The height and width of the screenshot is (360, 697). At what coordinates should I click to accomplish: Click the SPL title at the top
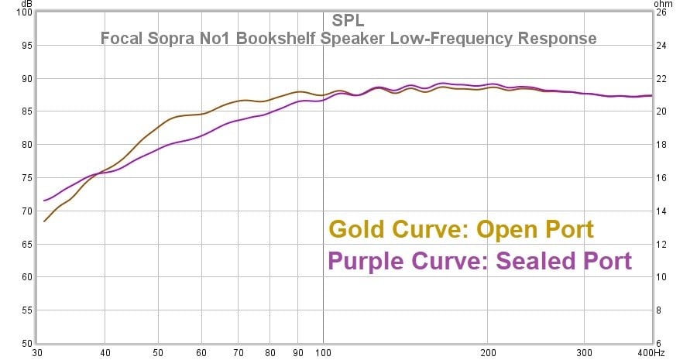(348, 20)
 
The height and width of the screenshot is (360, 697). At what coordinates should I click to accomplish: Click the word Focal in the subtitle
(121, 38)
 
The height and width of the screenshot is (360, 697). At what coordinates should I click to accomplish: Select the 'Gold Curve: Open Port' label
(462, 230)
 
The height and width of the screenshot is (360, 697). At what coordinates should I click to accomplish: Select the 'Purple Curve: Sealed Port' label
(480, 261)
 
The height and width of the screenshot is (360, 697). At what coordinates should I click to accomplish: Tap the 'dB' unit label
(26, 4)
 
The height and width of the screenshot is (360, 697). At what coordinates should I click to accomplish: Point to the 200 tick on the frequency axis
(487, 351)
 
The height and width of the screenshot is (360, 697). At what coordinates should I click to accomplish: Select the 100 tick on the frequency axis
(323, 351)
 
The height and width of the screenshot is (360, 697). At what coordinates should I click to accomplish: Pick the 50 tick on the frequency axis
(158, 351)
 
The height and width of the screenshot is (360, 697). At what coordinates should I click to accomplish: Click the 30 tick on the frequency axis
(36, 351)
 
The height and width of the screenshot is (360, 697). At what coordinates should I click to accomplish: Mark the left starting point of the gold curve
(44, 221)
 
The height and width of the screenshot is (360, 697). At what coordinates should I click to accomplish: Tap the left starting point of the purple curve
(44, 201)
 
